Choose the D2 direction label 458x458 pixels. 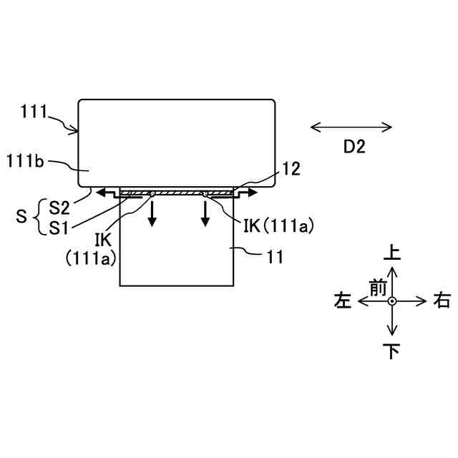(354, 147)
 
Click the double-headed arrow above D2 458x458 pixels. (351, 128)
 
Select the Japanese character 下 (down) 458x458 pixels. (391, 352)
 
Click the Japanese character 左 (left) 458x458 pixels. (343, 301)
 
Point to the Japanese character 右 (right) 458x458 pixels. (442, 301)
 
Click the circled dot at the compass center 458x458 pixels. (391, 302)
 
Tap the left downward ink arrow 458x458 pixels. (152, 213)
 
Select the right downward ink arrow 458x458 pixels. (205, 213)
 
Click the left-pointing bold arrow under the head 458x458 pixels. (107, 193)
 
